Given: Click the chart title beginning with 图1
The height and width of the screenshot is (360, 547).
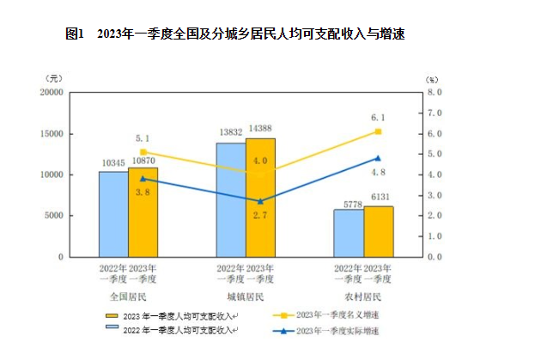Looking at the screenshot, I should [234, 34].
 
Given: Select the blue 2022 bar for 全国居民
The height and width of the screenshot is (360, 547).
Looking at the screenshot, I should [112, 214].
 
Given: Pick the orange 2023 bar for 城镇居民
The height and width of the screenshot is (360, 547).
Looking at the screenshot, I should [260, 198].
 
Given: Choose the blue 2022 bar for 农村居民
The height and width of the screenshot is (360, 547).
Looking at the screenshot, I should [348, 233].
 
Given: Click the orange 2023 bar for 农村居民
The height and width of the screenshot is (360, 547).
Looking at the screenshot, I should [378, 231].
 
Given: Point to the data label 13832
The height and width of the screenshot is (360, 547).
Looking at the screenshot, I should [230, 132].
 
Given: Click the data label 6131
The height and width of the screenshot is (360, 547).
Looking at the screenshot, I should [380, 197].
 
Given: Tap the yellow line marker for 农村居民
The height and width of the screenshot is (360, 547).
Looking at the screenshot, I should [378, 131].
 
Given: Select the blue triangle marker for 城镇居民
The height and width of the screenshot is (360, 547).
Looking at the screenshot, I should [260, 201].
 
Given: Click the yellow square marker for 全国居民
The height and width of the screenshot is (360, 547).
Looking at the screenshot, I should [143, 152].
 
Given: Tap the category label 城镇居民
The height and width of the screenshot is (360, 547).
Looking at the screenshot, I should [245, 296].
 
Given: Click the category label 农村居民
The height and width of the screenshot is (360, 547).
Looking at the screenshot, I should [362, 296].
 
